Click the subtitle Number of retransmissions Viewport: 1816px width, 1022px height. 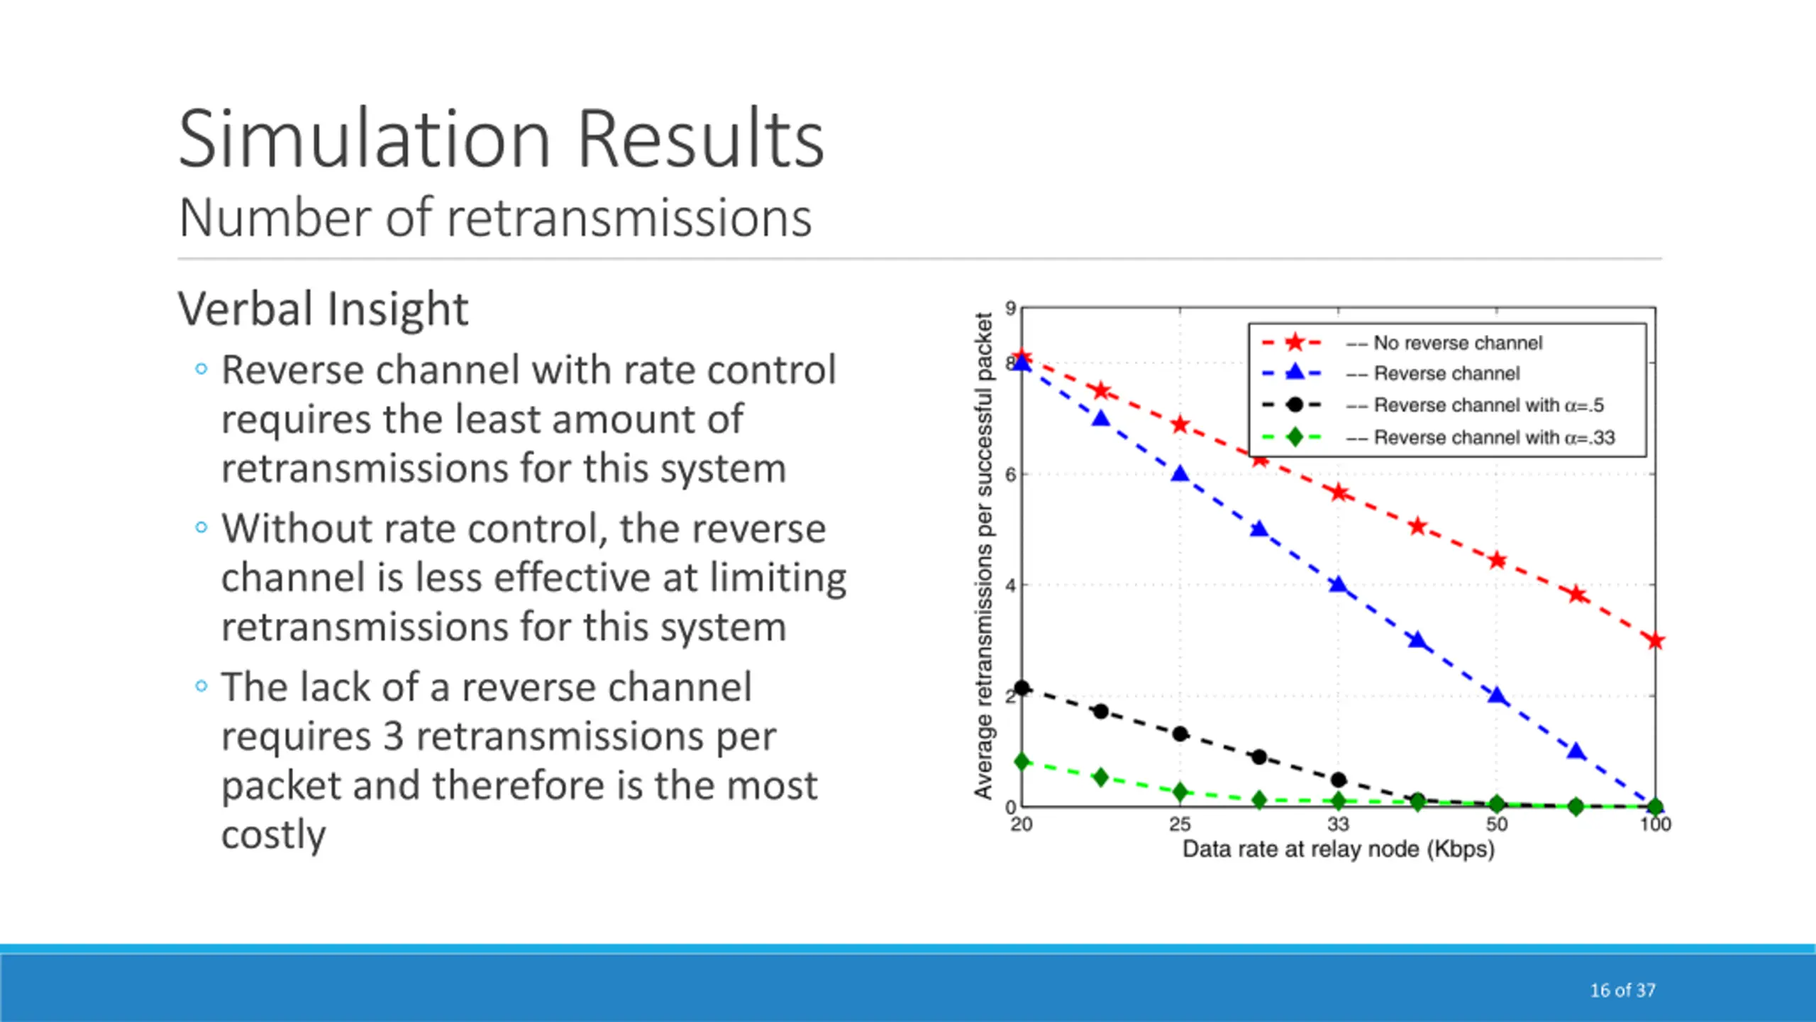coord(495,218)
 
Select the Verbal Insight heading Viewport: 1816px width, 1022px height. coord(323,309)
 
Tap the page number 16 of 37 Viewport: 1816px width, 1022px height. coord(1622,990)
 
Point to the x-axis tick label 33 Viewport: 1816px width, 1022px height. coord(1338,824)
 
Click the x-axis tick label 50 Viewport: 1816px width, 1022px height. coord(1497,824)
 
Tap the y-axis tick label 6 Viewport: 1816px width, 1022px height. coord(1010,474)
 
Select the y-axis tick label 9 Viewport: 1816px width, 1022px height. coord(1010,308)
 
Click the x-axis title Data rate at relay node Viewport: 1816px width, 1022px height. coord(1339,850)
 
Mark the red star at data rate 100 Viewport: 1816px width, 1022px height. coord(1655,642)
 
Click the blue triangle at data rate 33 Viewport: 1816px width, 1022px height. coord(1338,585)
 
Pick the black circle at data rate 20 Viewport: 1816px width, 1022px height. coord(1021,688)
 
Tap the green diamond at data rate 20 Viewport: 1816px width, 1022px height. coord(1022,762)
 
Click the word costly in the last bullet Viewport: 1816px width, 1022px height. coord(273,834)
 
